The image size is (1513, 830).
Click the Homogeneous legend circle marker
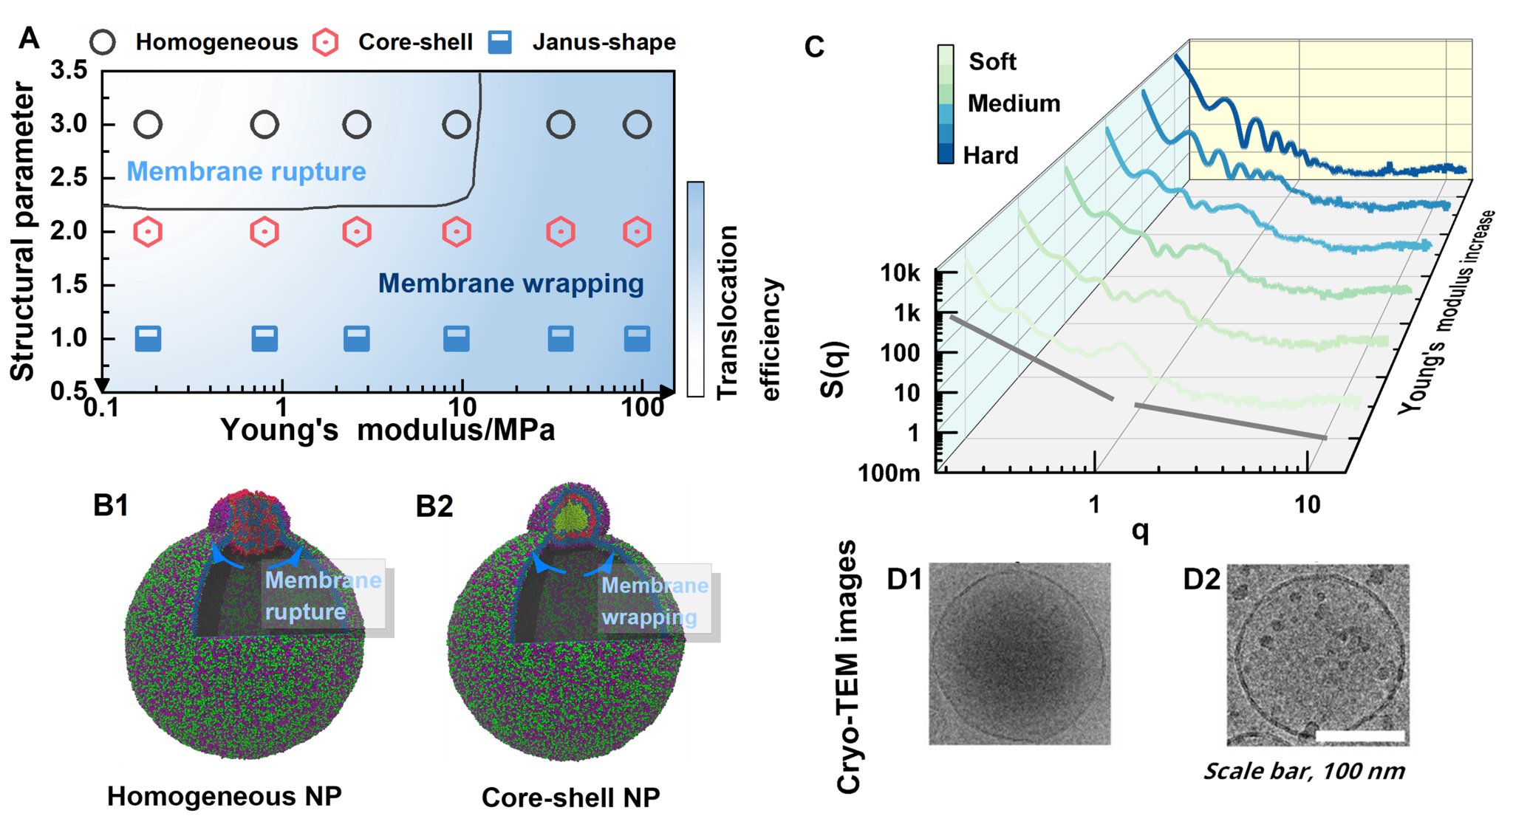(x=103, y=42)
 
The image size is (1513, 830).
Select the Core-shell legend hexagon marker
(x=325, y=42)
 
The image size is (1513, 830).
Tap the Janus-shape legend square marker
(x=500, y=42)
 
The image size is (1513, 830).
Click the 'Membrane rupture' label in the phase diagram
(x=246, y=171)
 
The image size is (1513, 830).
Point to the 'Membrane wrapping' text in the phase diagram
(x=510, y=283)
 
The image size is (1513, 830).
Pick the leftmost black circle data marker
(x=148, y=125)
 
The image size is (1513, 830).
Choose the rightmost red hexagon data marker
(x=637, y=232)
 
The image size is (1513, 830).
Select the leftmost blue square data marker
(x=148, y=339)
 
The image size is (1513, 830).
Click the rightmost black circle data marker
(x=637, y=125)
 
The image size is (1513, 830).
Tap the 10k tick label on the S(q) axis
(x=901, y=273)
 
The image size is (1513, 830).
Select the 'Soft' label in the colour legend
(x=992, y=61)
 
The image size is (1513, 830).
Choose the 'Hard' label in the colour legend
(x=992, y=155)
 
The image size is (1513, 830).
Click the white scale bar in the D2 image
(x=1360, y=735)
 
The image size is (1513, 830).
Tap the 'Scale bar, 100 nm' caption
(x=1304, y=772)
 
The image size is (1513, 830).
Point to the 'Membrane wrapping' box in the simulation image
(x=655, y=600)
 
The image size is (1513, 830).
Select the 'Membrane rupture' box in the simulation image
(x=323, y=595)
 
